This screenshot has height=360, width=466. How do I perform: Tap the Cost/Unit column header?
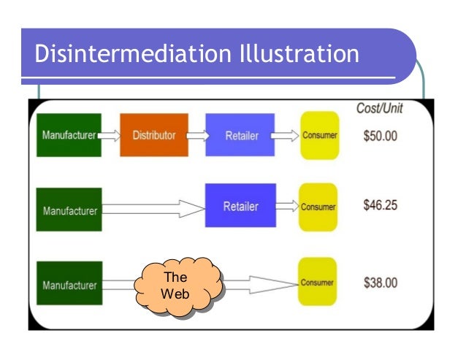click(x=379, y=107)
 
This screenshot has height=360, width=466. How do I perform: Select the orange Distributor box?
click(x=153, y=135)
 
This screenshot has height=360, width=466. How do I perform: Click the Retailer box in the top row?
click(x=240, y=135)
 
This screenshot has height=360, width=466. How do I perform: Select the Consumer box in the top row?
click(x=319, y=136)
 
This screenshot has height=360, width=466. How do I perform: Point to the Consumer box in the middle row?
click(x=318, y=207)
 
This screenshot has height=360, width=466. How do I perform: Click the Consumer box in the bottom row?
click(x=318, y=282)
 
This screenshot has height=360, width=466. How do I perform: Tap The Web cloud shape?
click(x=175, y=286)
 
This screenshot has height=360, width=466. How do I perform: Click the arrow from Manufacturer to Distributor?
click(x=110, y=135)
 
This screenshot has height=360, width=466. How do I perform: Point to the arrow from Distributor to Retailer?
click(x=196, y=135)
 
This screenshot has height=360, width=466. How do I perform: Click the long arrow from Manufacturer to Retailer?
click(x=153, y=209)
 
